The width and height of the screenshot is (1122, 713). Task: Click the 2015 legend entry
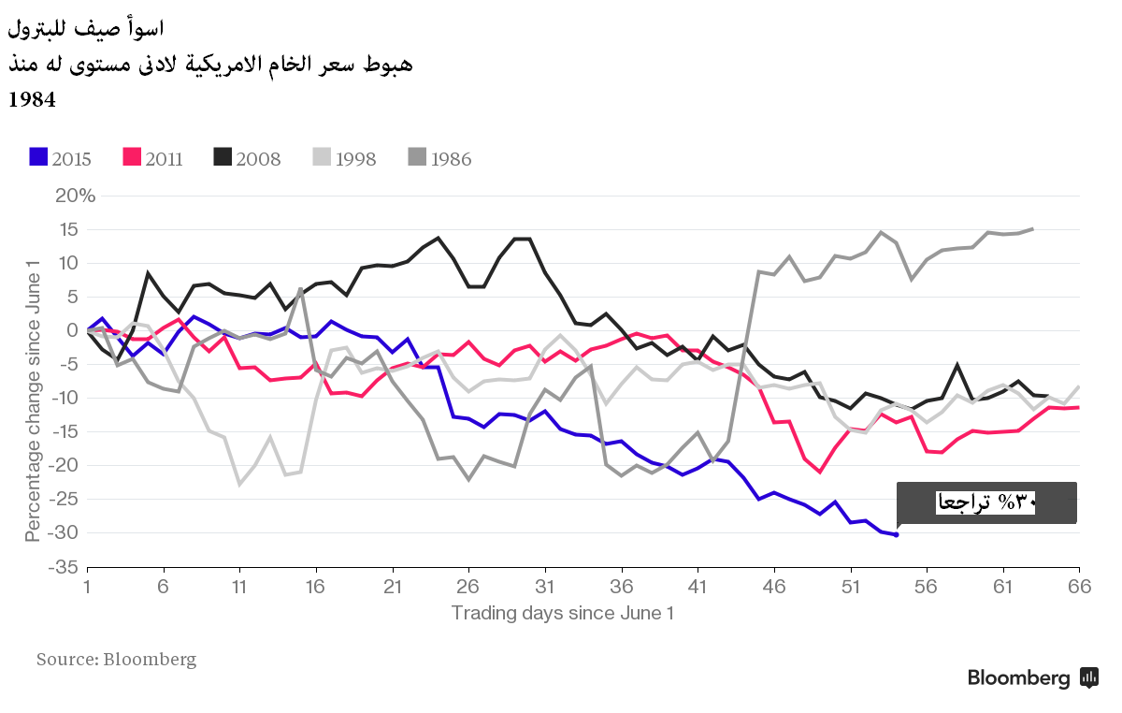pyautogui.click(x=61, y=158)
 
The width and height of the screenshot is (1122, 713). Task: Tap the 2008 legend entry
pyautogui.click(x=247, y=158)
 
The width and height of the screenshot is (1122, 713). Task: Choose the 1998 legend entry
pyautogui.click(x=343, y=158)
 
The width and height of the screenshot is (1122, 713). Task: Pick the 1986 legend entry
pyautogui.click(x=439, y=158)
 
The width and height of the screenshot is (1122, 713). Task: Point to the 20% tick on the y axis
pyautogui.click(x=74, y=196)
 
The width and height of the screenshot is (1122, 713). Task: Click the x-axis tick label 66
pyautogui.click(x=1079, y=587)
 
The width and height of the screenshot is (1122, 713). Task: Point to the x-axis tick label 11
pyautogui.click(x=239, y=587)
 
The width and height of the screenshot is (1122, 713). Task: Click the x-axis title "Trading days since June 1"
pyautogui.click(x=562, y=613)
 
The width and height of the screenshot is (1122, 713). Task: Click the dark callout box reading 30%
pyautogui.click(x=986, y=502)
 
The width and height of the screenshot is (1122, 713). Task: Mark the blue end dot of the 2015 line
pyautogui.click(x=896, y=534)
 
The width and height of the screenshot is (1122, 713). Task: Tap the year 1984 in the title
pyautogui.click(x=33, y=99)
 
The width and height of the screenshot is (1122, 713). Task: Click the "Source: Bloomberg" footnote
pyautogui.click(x=117, y=660)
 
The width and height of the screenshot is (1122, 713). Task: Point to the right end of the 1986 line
pyautogui.click(x=1032, y=228)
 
